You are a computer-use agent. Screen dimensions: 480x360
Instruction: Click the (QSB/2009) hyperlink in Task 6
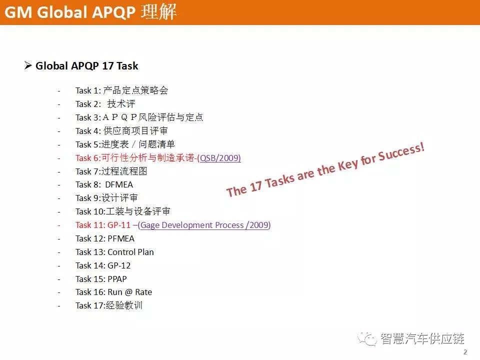coord(219,158)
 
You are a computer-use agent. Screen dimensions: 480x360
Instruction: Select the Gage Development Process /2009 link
coord(204,225)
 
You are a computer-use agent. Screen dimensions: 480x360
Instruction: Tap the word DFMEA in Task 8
coord(119,185)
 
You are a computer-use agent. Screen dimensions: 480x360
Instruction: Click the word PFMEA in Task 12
coord(121,239)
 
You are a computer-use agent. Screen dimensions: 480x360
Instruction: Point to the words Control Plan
coord(130,252)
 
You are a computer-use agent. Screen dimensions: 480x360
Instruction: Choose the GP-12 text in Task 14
coord(119,265)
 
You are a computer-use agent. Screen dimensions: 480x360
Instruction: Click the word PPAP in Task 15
coord(117,279)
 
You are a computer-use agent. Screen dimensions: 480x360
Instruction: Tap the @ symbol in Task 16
coord(128,292)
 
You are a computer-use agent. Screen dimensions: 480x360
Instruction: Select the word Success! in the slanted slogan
coord(401,152)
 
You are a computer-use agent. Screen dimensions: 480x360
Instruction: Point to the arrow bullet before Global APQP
coord(28,65)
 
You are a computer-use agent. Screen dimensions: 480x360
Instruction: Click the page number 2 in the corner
coord(465,352)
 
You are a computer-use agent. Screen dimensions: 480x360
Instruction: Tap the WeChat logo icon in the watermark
coord(367,339)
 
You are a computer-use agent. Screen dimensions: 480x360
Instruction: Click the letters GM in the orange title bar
coord(18,13)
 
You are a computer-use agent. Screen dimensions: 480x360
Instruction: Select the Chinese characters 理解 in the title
coord(158,12)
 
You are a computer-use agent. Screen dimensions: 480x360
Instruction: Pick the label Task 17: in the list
coord(89,306)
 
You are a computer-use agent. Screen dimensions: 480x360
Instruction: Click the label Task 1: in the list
coord(88,90)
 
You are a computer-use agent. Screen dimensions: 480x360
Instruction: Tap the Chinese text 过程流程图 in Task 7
coord(124,171)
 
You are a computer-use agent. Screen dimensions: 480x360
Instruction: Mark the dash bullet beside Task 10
coord(59,212)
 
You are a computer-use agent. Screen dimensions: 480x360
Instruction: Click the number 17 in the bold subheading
coord(108,66)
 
